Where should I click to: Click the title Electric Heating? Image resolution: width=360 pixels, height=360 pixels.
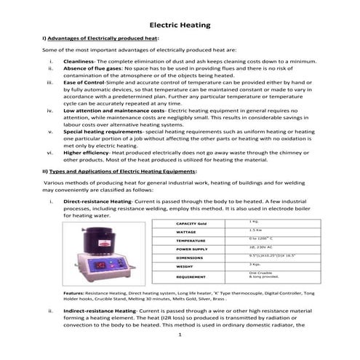pyautogui.click(x=180, y=25)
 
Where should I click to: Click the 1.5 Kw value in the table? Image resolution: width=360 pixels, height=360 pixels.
pyautogui.click(x=255, y=230)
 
